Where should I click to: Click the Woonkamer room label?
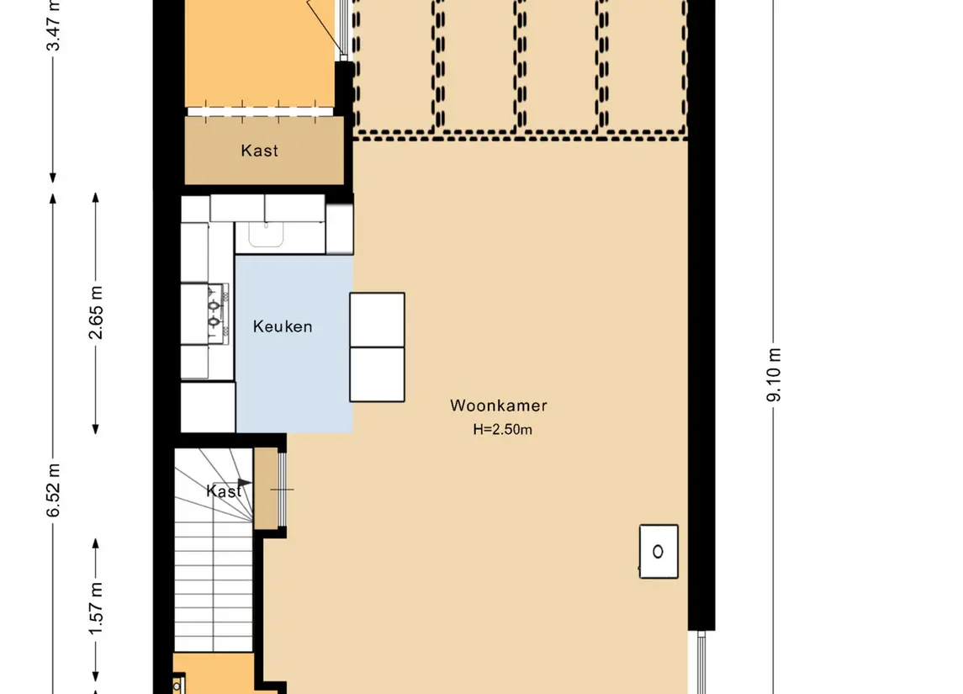(498, 405)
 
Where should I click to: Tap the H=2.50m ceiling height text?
(502, 429)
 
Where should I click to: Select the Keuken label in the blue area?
(283, 326)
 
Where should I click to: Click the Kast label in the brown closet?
(259, 151)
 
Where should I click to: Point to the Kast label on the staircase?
(224, 490)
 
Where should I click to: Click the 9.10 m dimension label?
(775, 374)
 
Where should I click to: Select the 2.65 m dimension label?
(96, 313)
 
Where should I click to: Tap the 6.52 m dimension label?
(54, 490)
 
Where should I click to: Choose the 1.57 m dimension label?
(96, 609)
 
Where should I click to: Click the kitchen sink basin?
(266, 234)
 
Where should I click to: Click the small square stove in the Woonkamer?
(659, 552)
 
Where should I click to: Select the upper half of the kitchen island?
(377, 320)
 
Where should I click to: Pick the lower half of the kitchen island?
(377, 374)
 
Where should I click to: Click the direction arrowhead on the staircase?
(245, 483)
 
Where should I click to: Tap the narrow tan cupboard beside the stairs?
(266, 488)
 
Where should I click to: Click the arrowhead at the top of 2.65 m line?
(96, 198)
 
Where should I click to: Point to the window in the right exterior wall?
(701, 663)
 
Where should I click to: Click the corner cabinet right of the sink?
(340, 229)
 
